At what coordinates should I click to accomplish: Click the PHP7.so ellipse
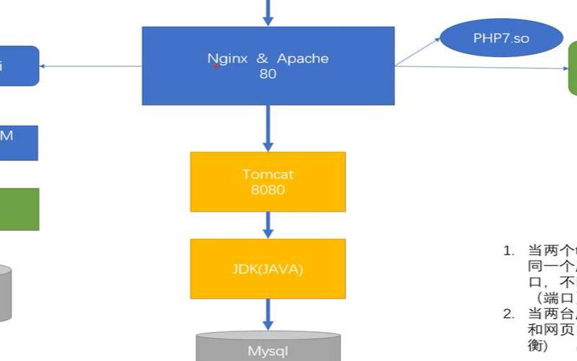501,38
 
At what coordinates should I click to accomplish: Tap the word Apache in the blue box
301,58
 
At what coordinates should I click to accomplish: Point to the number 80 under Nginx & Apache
268,74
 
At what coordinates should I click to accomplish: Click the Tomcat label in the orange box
268,174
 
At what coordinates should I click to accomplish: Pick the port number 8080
268,191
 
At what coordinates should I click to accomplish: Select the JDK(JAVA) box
268,269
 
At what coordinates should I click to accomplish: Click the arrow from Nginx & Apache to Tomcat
268,128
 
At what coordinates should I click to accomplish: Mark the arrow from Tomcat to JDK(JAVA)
268,225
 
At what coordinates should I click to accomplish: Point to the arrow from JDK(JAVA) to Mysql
268,314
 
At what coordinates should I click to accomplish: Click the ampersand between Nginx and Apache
263,58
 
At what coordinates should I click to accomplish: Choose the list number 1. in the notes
508,251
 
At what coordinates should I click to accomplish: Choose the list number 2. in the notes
508,313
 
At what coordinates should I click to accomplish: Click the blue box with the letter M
18,142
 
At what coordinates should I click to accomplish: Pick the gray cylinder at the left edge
6,292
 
